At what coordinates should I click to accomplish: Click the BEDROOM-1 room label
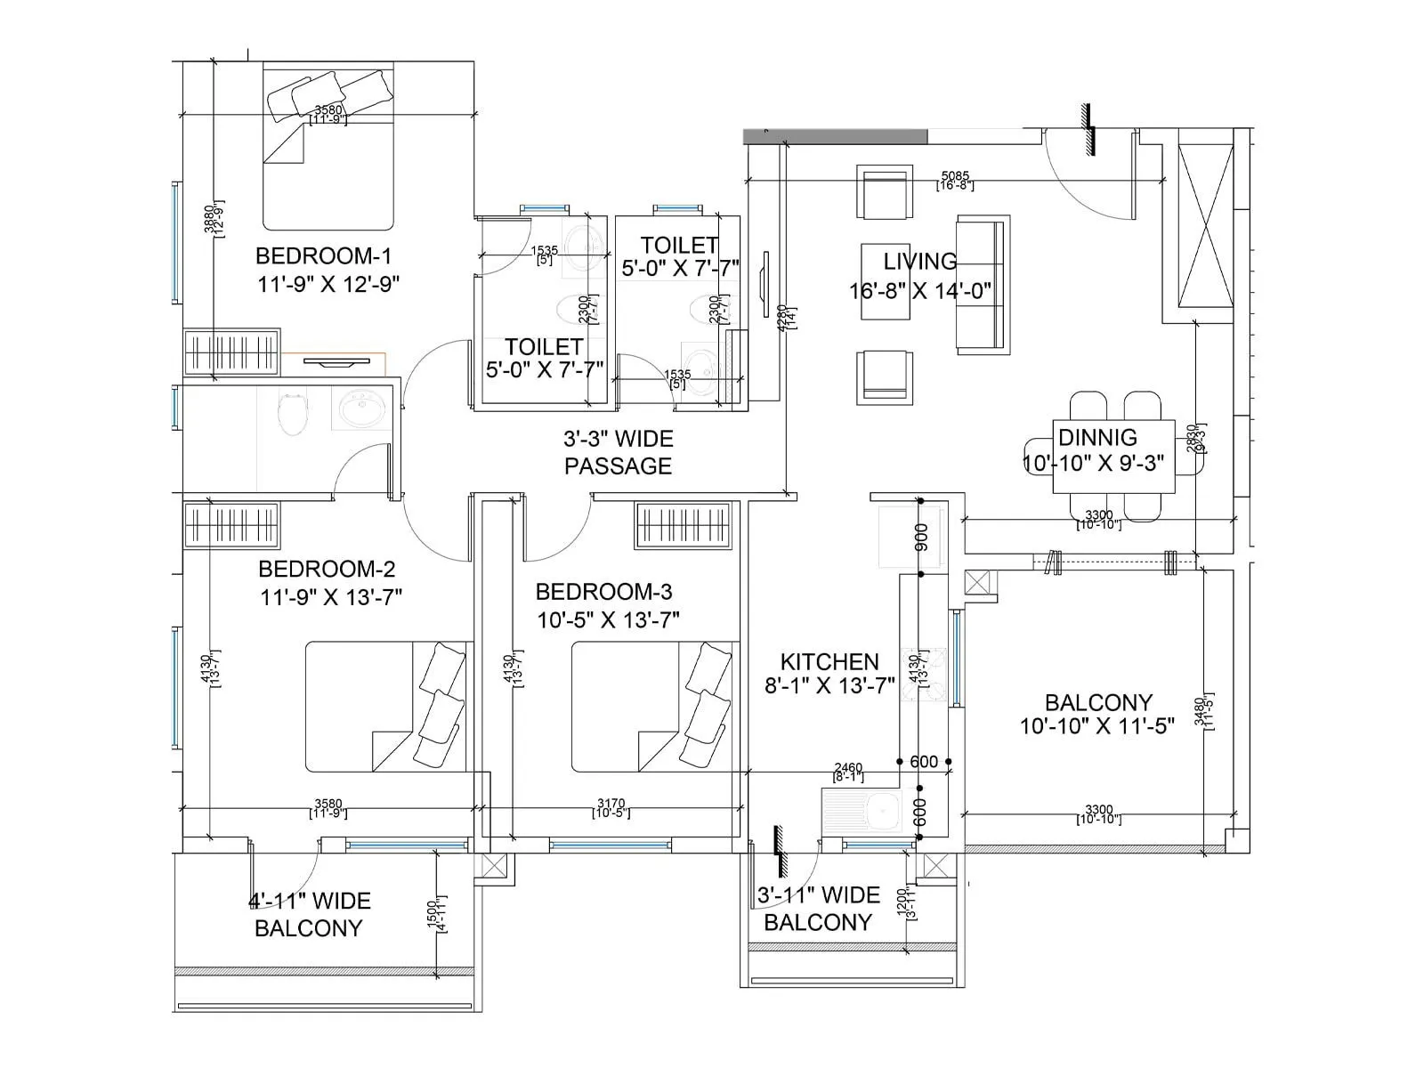[x=323, y=256]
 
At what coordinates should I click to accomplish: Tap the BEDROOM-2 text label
[x=327, y=569]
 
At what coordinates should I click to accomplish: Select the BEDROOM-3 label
[x=603, y=592]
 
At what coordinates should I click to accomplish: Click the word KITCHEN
[x=829, y=661]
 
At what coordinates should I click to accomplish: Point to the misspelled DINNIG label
[x=1096, y=437]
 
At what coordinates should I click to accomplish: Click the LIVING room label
[x=919, y=262]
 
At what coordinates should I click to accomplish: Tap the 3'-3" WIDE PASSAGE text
[x=618, y=452]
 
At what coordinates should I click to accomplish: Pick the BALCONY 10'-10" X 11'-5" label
[x=1097, y=714]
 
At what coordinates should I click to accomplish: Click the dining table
[x=1112, y=457]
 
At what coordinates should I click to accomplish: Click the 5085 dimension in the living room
[x=954, y=176]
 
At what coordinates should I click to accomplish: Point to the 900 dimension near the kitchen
[x=921, y=537]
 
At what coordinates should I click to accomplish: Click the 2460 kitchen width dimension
[x=847, y=768]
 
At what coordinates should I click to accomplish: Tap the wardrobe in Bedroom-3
[x=683, y=526]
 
